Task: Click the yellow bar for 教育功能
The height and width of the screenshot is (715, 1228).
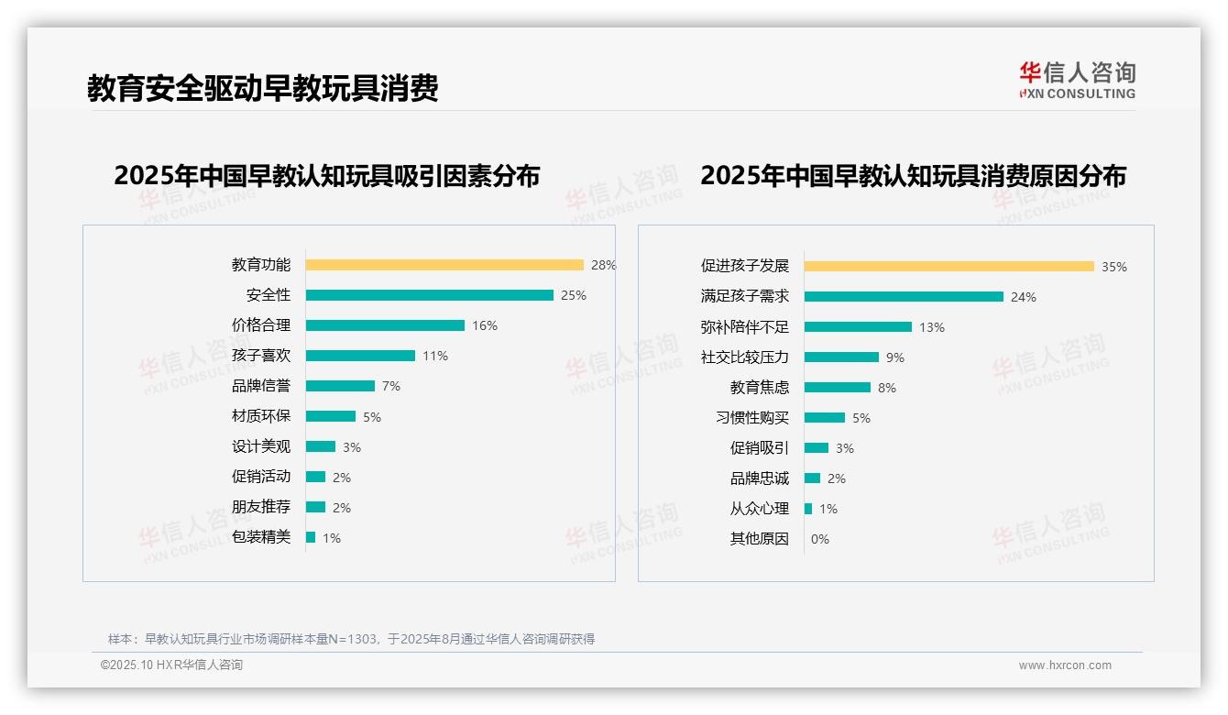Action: click(x=444, y=265)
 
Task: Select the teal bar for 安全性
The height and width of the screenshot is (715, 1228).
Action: click(x=429, y=295)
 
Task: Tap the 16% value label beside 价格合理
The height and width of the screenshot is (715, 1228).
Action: click(x=485, y=325)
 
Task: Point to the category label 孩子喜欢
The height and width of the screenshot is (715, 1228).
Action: click(x=261, y=356)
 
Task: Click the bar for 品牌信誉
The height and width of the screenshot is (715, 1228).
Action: click(x=340, y=386)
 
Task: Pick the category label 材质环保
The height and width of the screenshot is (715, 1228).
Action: click(x=261, y=416)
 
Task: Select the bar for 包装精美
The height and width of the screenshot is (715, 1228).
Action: click(x=311, y=537)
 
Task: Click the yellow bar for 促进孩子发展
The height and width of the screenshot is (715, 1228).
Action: click(x=948, y=266)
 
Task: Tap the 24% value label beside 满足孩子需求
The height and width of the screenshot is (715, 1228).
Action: click(x=1024, y=297)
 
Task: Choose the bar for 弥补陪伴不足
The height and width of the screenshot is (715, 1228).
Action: click(x=858, y=327)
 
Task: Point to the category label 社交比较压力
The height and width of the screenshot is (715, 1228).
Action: click(x=745, y=357)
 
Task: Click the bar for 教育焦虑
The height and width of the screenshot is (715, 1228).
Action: click(x=838, y=388)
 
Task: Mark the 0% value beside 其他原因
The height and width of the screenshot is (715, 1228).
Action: click(x=820, y=539)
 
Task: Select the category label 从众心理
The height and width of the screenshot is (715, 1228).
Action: click(x=760, y=509)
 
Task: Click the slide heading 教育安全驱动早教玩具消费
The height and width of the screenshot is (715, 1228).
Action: click(x=263, y=88)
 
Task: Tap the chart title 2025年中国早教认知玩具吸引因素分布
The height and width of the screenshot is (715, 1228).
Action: click(x=327, y=175)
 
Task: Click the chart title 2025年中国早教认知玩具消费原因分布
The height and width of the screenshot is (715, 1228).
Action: click(x=913, y=175)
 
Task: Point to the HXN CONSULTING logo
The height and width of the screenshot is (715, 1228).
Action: click(x=1077, y=81)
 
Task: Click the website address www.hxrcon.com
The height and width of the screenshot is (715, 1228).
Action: click(x=1065, y=665)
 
